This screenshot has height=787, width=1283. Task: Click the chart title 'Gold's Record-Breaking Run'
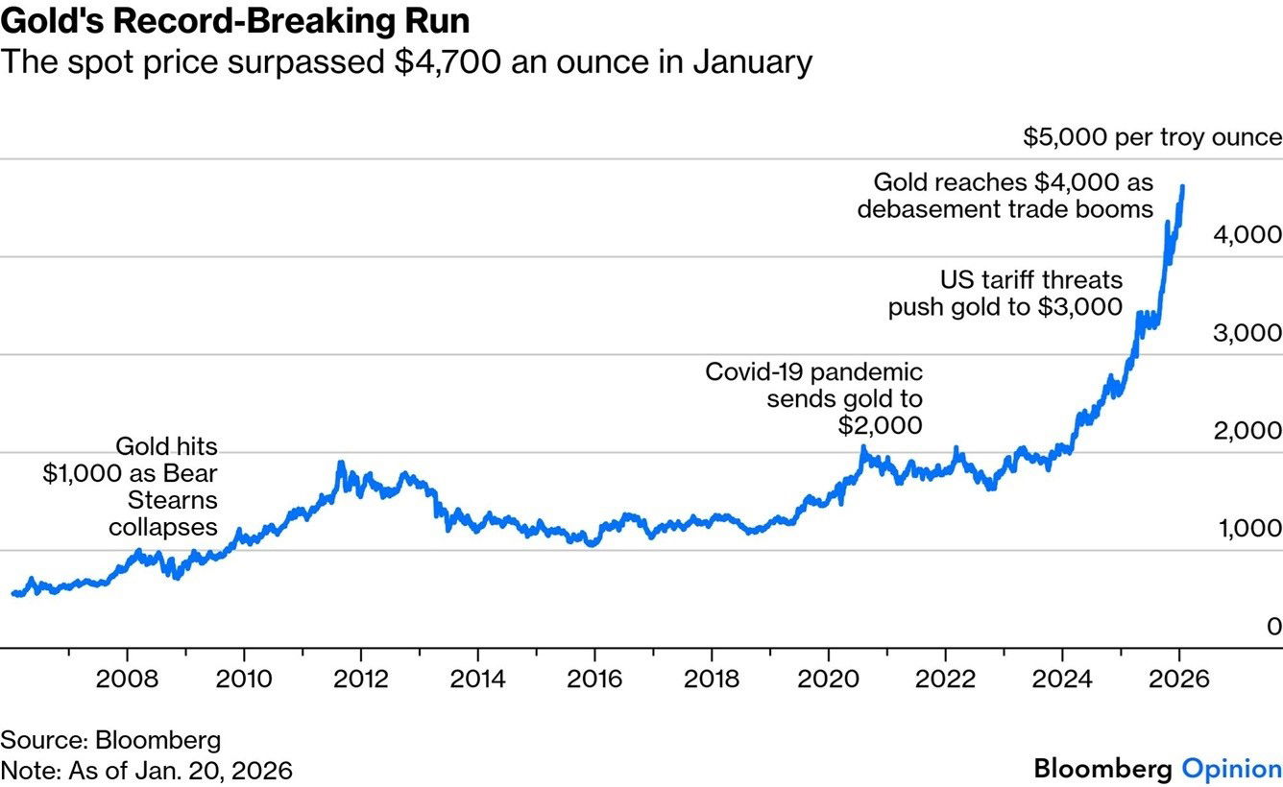(235, 20)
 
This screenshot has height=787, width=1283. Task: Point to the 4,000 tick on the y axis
(1247, 235)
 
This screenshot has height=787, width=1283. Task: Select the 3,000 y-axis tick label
(1247, 333)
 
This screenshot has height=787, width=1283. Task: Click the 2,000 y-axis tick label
(1247, 431)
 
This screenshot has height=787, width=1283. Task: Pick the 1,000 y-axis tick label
(1247, 529)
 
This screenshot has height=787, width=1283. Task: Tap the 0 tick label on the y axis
(1273, 627)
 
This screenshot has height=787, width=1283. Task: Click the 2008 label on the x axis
(128, 679)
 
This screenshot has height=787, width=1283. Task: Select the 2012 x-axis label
(360, 679)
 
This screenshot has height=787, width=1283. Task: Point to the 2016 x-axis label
(594, 679)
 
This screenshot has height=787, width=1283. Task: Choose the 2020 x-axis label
(828, 679)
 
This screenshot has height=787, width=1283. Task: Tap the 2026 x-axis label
(1178, 679)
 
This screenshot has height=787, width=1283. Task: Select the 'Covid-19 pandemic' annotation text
(813, 372)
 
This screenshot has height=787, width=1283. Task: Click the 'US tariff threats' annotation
(1030, 280)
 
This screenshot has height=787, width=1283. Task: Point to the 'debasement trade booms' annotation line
(1005, 208)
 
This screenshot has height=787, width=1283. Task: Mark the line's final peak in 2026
(1182, 188)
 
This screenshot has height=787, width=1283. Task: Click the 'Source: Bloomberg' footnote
(110, 740)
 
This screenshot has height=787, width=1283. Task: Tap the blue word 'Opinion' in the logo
(1230, 769)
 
